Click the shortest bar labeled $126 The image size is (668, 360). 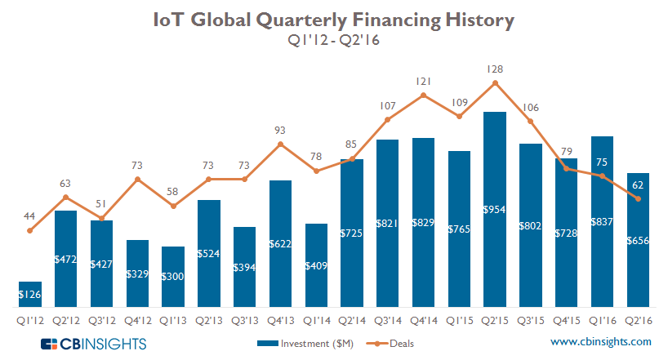click(31, 291)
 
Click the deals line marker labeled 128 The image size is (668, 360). click(494, 82)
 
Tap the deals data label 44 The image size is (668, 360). click(30, 216)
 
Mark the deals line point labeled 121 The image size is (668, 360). click(423, 95)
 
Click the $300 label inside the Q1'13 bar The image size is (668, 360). click(173, 276)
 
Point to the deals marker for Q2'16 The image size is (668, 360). click(637, 199)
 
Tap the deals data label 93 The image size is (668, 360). click(280, 130)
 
